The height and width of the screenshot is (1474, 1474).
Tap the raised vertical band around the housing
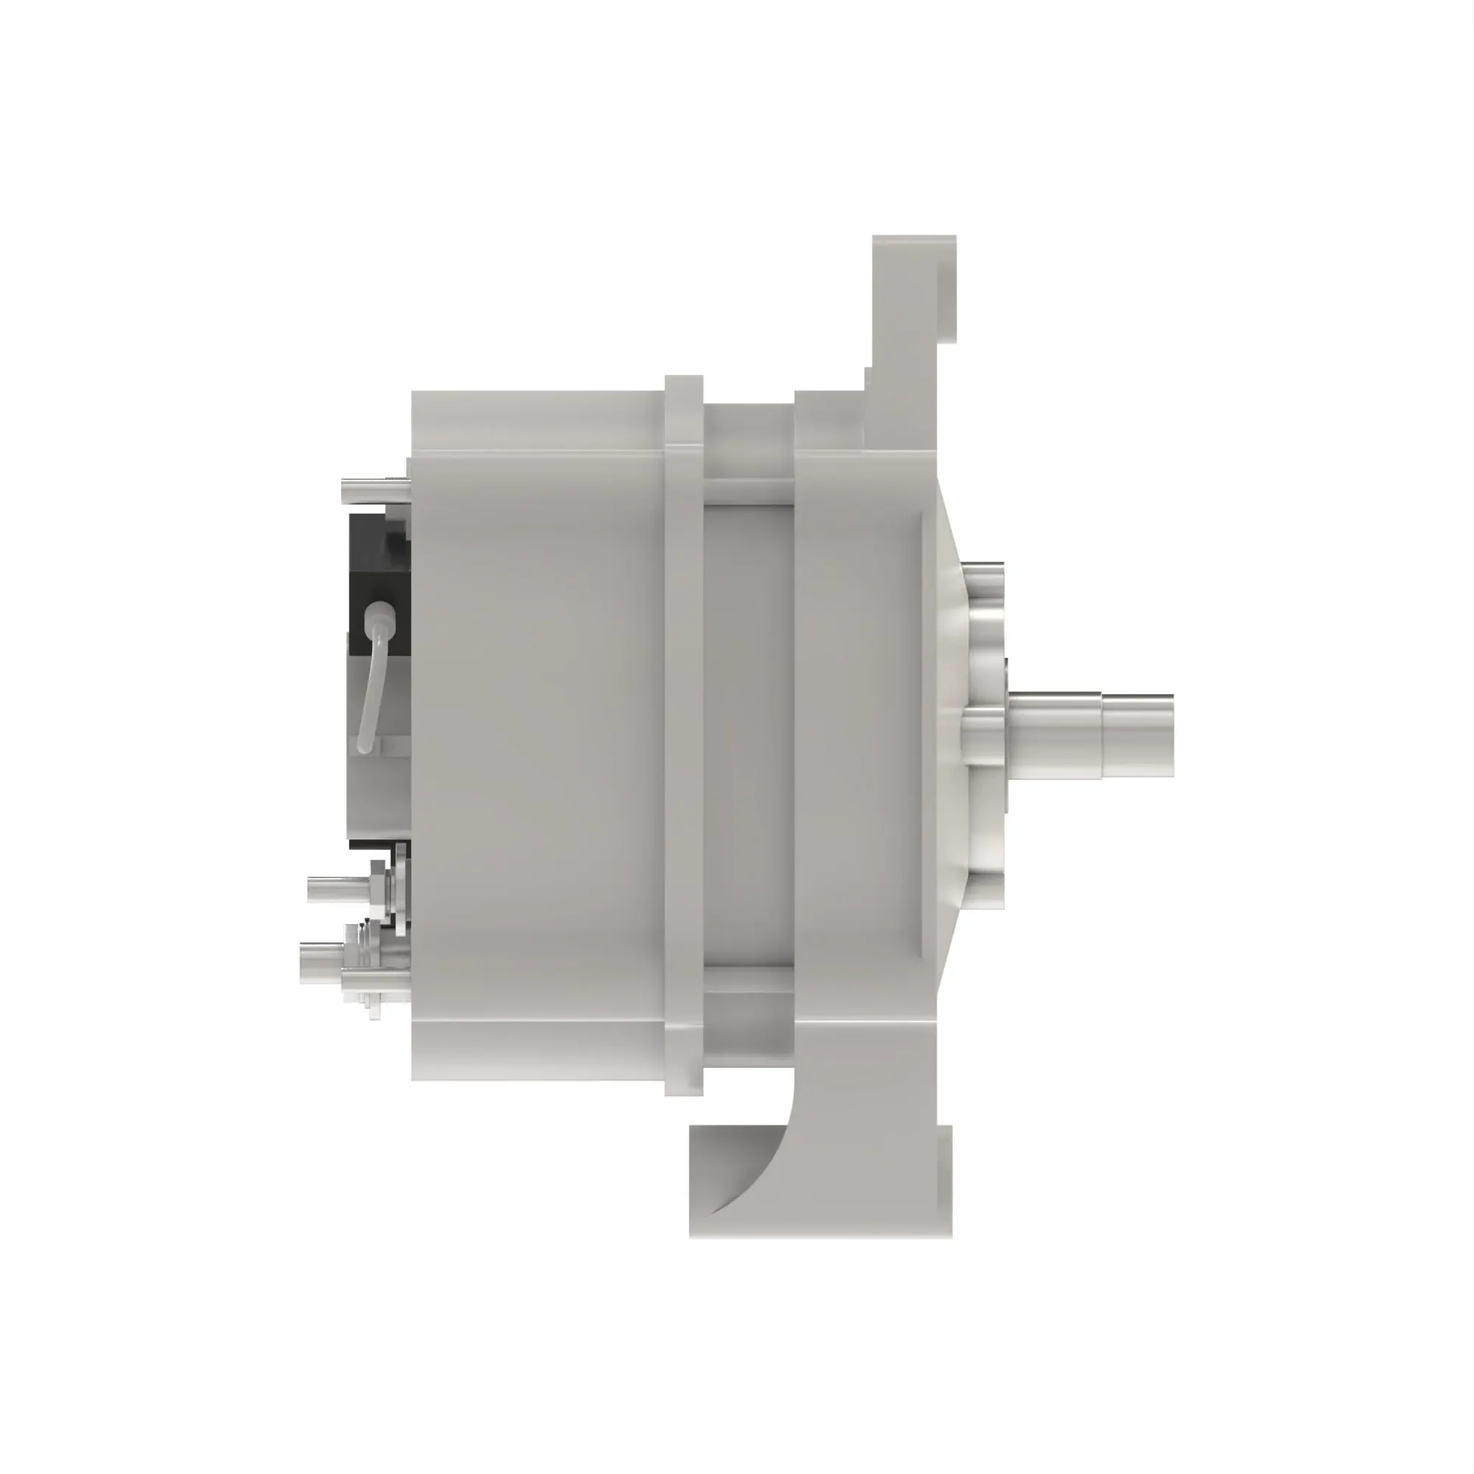pyautogui.click(x=684, y=733)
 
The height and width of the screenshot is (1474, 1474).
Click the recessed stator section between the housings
pyautogui.click(x=747, y=733)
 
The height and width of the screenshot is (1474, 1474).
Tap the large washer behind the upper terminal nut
pyautogui.click(x=399, y=889)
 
